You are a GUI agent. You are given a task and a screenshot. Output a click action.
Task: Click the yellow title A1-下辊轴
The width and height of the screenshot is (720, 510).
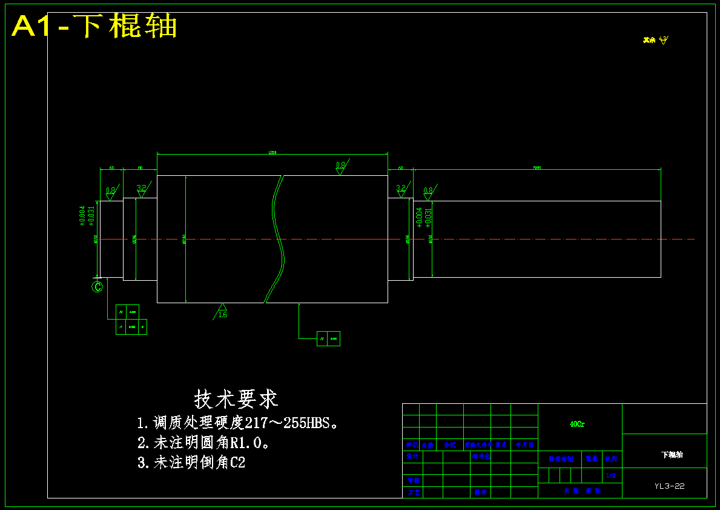94,26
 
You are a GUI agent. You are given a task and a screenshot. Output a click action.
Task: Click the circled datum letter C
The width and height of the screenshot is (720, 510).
97,287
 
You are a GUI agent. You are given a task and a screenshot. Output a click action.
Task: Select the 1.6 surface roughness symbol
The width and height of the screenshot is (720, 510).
222,311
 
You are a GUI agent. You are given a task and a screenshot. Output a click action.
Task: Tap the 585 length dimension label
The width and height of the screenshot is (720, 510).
537,167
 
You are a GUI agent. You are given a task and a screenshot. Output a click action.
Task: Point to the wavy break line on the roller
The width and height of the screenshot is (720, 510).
276,239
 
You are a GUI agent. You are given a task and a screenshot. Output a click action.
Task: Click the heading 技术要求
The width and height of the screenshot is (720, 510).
236,399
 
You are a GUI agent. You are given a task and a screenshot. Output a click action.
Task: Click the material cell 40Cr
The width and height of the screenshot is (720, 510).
577,424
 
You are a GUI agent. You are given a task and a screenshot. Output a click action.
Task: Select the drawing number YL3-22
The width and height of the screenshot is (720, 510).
670,486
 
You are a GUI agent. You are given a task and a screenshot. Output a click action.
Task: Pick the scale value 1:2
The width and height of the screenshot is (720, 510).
611,475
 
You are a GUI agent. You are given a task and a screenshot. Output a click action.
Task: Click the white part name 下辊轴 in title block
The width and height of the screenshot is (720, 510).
672,454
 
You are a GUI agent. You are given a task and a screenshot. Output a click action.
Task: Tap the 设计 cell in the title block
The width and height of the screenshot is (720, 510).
412,456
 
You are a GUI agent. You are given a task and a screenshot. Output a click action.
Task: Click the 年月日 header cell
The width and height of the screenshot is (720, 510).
524,445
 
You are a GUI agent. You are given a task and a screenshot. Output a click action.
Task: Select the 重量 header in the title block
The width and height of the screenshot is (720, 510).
592,459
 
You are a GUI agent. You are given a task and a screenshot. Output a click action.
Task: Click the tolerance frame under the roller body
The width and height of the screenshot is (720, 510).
328,338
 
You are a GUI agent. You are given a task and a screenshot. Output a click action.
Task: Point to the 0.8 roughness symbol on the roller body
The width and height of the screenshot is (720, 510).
341,167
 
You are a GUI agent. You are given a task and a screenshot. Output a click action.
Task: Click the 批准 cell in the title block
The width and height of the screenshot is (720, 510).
481,492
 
